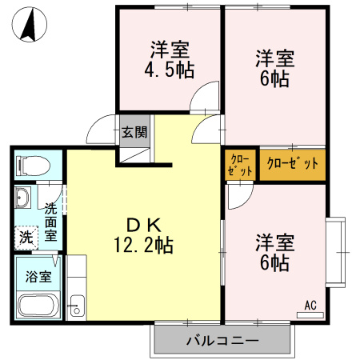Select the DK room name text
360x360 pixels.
(x=143, y=223)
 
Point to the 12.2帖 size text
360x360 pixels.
(x=144, y=243)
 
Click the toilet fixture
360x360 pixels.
(x=33, y=166)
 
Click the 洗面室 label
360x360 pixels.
(x=50, y=222)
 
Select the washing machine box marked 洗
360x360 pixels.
(x=26, y=236)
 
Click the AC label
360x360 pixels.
(x=310, y=305)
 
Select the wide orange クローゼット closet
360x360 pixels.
(x=292, y=164)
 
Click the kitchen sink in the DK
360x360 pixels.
(x=78, y=305)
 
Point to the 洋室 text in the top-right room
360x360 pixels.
(x=275, y=58)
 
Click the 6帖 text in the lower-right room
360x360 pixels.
(x=275, y=261)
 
